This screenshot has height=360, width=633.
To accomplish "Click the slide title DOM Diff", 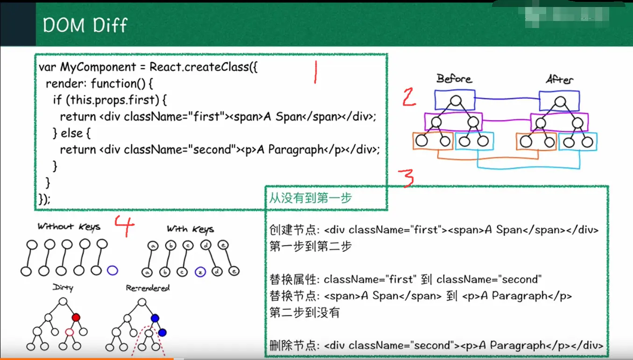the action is [x=85, y=25].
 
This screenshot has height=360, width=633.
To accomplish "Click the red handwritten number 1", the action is [x=316, y=73].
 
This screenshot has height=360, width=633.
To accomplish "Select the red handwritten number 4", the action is [x=124, y=226].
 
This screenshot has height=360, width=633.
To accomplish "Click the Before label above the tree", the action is [x=454, y=79].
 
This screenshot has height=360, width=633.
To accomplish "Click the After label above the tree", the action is [x=559, y=80].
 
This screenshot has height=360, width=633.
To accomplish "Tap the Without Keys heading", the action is [x=69, y=227].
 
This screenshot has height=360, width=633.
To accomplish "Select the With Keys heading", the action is [x=190, y=229].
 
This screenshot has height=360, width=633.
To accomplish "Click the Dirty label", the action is [x=63, y=288].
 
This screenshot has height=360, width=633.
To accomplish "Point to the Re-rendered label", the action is [x=148, y=288].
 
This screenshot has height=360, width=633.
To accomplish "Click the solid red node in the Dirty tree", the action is [x=76, y=318].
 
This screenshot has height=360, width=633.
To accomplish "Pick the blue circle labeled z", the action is [x=200, y=272].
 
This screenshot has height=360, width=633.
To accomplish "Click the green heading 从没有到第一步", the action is [x=310, y=198].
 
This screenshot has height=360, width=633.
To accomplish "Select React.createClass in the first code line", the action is [x=199, y=67].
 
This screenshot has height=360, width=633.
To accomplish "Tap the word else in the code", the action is [x=72, y=133].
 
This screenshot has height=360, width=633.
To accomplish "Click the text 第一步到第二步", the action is [x=310, y=247].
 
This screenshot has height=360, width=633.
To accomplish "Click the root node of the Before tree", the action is [x=456, y=100].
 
